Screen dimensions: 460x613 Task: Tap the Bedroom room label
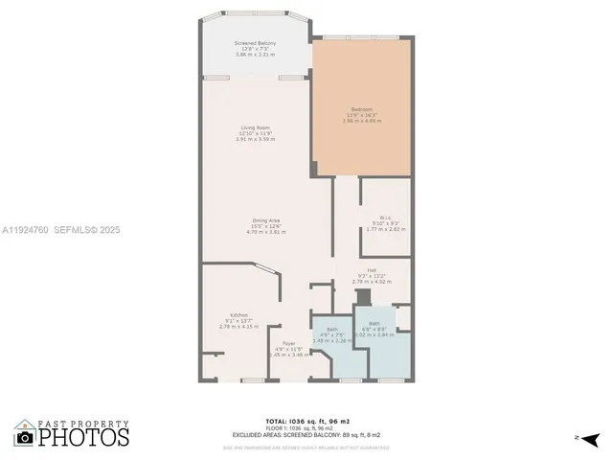(x=361, y=110)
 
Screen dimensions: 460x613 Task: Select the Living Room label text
(x=255, y=127)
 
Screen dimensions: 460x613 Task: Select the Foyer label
(x=287, y=343)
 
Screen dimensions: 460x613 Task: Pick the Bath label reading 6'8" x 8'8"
(x=375, y=324)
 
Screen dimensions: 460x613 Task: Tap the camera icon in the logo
(x=25, y=437)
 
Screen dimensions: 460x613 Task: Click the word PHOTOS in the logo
(x=84, y=437)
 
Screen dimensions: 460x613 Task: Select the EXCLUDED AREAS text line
(x=306, y=434)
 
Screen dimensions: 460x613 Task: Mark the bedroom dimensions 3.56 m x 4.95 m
(x=361, y=122)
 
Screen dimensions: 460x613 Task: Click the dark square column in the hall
(x=363, y=298)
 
